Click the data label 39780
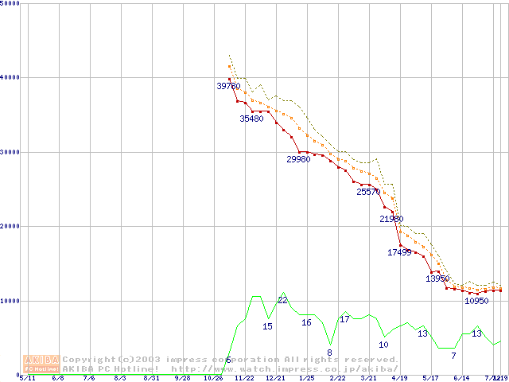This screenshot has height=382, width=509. point(228,86)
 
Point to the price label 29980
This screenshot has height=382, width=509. point(298,159)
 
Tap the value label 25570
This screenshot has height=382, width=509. point(368,192)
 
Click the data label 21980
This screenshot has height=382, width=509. point(391,219)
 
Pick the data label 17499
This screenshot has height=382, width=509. point(399,252)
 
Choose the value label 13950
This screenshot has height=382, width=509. point(437,279)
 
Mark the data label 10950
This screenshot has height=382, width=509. point(476,301)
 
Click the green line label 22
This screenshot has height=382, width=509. point(282,300)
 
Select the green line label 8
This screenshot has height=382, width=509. point(329,352)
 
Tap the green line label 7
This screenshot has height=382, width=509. point(453,355)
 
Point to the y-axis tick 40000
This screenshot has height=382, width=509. point(10,78)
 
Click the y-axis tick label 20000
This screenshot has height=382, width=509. point(10,227)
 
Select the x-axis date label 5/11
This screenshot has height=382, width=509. point(26,378)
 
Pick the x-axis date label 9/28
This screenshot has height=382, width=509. point(182,378)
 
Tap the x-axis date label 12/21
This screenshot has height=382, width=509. point(274,378)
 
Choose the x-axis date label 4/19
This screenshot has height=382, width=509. point(399,378)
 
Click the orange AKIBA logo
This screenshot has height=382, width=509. point(41,363)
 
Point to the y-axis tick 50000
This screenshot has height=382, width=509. point(10,4)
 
